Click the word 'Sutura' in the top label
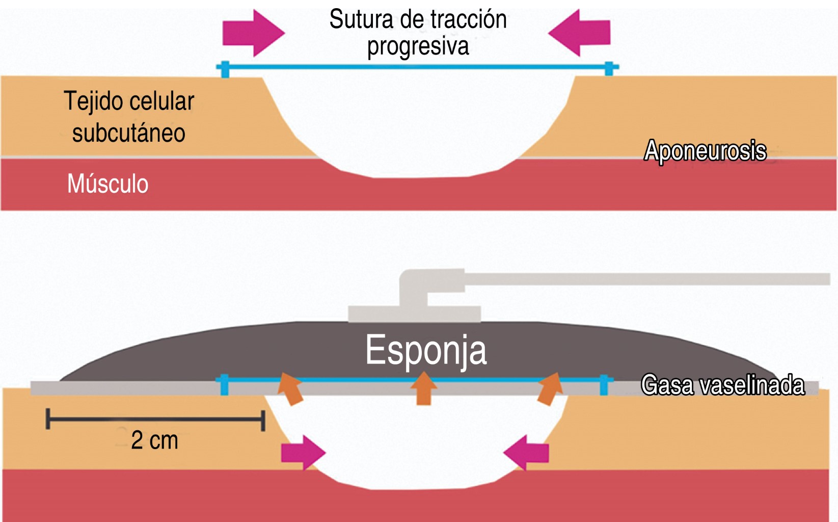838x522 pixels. pyautogui.click(x=361, y=20)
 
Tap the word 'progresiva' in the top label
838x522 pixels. pyautogui.click(x=418, y=47)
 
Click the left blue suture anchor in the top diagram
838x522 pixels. pyautogui.click(x=225, y=68)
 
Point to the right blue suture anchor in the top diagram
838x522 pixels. pyautogui.click(x=609, y=68)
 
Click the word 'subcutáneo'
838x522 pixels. pyautogui.click(x=128, y=134)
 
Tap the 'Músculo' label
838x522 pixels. pyautogui.click(x=108, y=184)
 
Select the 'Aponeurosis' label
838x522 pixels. pyautogui.click(x=705, y=151)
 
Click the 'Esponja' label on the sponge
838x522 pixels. pyautogui.click(x=426, y=350)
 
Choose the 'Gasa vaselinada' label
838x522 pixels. pyautogui.click(x=722, y=385)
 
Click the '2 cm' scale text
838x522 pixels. pyautogui.click(x=154, y=440)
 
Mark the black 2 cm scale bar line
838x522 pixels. pyautogui.click(x=155, y=420)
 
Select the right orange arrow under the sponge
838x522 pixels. pyautogui.click(x=550, y=389)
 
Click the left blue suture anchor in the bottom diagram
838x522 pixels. pyautogui.click(x=224, y=385)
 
